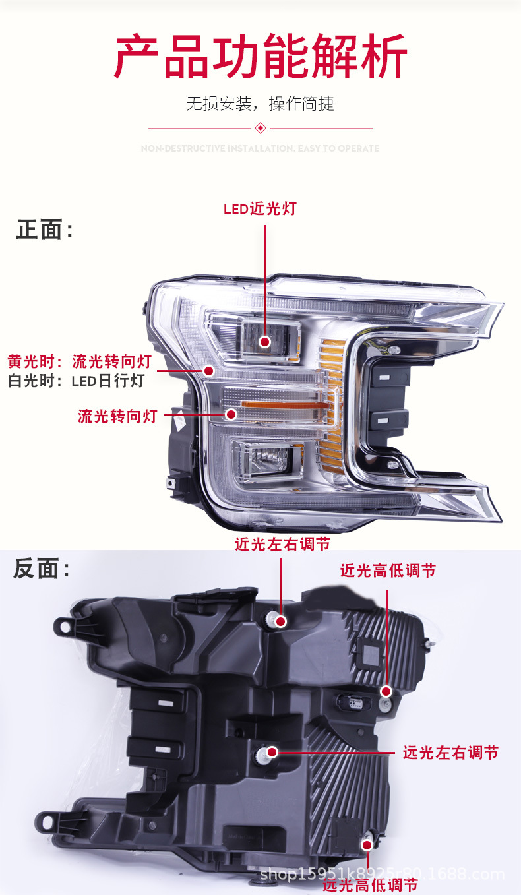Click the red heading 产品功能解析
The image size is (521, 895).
pyautogui.click(x=260, y=57)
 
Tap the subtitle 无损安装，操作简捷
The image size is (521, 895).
pyautogui.click(x=260, y=104)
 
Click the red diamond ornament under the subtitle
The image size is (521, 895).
pyautogui.click(x=260, y=127)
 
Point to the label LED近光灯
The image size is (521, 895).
pyautogui.click(x=260, y=209)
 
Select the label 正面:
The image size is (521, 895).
pyautogui.click(x=45, y=230)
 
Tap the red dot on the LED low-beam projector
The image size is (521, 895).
pyautogui.click(x=264, y=342)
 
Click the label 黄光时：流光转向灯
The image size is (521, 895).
pyautogui.click(x=80, y=361)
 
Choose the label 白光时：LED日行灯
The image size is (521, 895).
pyautogui.click(x=76, y=381)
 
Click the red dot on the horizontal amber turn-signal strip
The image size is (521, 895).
pyautogui.click(x=231, y=414)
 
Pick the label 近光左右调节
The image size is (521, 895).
pyautogui.click(x=282, y=544)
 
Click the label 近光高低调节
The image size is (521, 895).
pyautogui.click(x=388, y=571)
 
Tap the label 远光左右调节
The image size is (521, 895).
pyautogui.click(x=450, y=752)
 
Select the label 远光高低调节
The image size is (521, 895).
pyautogui.click(x=370, y=885)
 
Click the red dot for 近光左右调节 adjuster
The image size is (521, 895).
pyautogui.click(x=281, y=621)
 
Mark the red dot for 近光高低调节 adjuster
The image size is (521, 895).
pyautogui.click(x=386, y=691)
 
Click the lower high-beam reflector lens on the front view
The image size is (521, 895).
pyautogui.click(x=267, y=457)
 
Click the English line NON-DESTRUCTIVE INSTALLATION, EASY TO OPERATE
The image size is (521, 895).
pyautogui.click(x=260, y=148)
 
